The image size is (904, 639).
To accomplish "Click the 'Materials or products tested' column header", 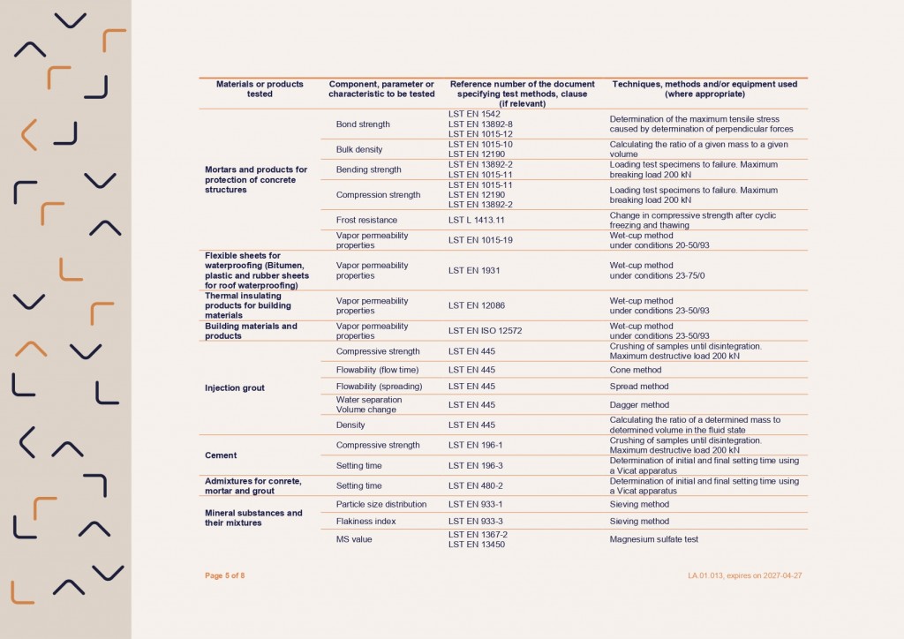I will pyautogui.click(x=260, y=89).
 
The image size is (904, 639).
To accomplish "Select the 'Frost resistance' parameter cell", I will pyautogui.click(x=366, y=220).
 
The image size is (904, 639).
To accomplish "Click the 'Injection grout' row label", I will pyautogui.click(x=234, y=387).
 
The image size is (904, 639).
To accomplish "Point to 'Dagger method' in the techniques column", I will pyautogui.click(x=641, y=405).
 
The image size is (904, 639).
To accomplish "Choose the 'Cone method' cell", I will pyautogui.click(x=635, y=370).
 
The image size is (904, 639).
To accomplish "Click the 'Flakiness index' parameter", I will pyautogui.click(x=365, y=522).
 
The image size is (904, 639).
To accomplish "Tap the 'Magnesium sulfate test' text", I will pyautogui.click(x=653, y=538).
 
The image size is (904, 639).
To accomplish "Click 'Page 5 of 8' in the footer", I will pyautogui.click(x=225, y=575).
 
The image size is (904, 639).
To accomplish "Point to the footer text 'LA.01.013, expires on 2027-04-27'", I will pyautogui.click(x=744, y=575).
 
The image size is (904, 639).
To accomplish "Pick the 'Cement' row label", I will pyautogui.click(x=221, y=455).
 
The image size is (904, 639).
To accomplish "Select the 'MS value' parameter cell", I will pyautogui.click(x=355, y=538).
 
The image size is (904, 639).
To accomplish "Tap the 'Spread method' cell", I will pyautogui.click(x=639, y=387).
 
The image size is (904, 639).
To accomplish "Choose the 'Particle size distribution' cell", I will pyautogui.click(x=381, y=504).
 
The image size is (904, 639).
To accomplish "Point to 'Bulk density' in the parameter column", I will pyautogui.click(x=359, y=149).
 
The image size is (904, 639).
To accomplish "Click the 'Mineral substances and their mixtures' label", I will pyautogui.click(x=253, y=517).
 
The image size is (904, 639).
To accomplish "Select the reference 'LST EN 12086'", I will pyautogui.click(x=477, y=305).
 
